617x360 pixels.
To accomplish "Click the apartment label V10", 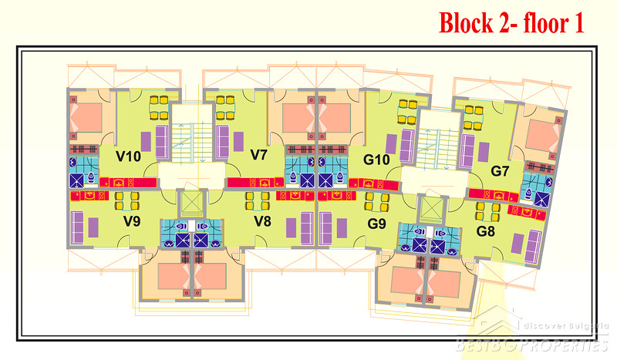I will coord(128,156).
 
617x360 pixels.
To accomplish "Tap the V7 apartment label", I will coord(259,155).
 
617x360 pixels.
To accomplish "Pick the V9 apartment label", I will coord(131,222).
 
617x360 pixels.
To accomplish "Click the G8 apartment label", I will coord(486,230).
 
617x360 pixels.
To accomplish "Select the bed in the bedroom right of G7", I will coord(544,134).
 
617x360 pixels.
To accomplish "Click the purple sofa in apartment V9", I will coord(78,227).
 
